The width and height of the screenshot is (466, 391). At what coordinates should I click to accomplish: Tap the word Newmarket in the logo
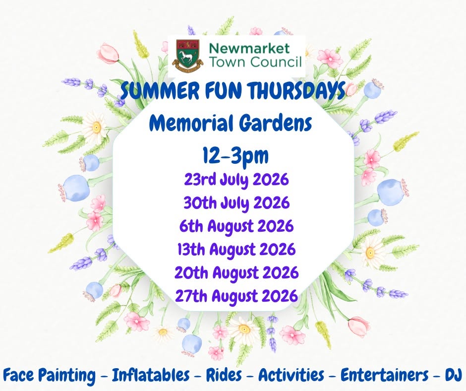coord(249,48)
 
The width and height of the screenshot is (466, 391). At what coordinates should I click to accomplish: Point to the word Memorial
coord(190,123)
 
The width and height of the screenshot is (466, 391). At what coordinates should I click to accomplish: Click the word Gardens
coord(276,124)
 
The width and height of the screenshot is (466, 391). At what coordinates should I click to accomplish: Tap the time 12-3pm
coord(235,156)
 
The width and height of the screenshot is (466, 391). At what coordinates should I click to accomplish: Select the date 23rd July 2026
coord(236,180)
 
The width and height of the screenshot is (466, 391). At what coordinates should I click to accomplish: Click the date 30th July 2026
coord(236,203)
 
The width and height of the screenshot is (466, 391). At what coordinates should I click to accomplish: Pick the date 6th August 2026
coord(236,226)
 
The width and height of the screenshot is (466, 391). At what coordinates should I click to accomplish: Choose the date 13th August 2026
coord(236,250)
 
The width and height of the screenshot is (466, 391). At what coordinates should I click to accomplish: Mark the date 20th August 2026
coord(236,272)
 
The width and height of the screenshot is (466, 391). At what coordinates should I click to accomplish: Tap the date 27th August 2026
coord(236,296)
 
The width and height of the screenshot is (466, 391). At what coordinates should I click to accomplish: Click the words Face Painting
coord(50,375)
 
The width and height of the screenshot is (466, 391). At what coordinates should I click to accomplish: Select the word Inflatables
coord(151,375)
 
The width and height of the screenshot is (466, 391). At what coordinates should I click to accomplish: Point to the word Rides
coord(224,375)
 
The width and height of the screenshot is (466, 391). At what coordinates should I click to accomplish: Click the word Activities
coord(291,375)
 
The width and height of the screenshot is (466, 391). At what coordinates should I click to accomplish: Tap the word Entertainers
coord(385,375)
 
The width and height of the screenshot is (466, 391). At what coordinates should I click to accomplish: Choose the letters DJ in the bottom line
coord(453,375)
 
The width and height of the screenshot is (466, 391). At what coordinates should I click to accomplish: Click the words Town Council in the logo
coord(255,62)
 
